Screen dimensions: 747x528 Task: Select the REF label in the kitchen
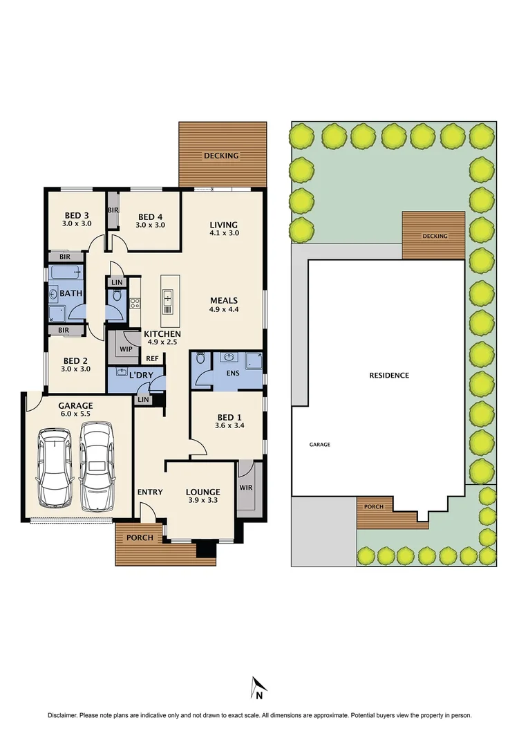coord(152,359)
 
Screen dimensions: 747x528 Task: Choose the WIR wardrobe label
coord(246,488)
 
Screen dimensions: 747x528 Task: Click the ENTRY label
coord(150,492)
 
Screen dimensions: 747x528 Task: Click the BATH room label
coord(71,293)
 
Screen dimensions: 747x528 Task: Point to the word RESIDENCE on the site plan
coord(389,376)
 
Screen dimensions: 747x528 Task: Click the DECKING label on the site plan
coord(435,237)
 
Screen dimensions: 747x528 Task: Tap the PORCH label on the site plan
coord(374,507)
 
